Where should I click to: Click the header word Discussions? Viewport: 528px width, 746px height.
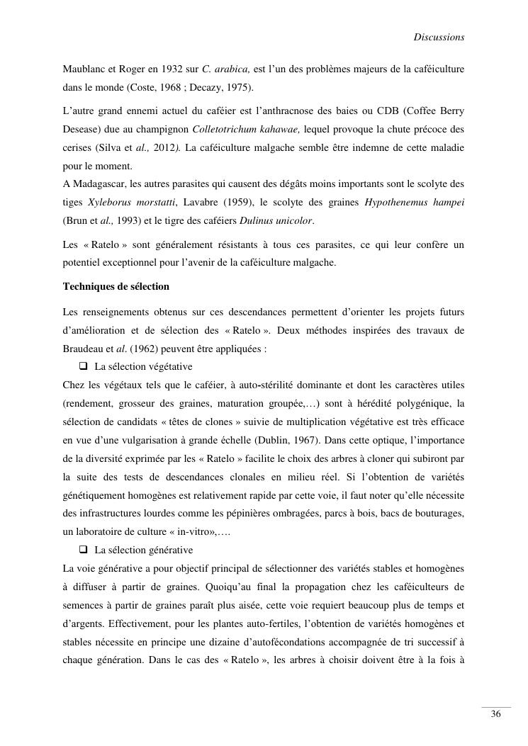[439, 37]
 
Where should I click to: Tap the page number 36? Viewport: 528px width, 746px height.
[496, 714]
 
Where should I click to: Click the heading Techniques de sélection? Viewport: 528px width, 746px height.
[116, 286]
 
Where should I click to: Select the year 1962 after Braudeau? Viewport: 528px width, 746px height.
[137, 349]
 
